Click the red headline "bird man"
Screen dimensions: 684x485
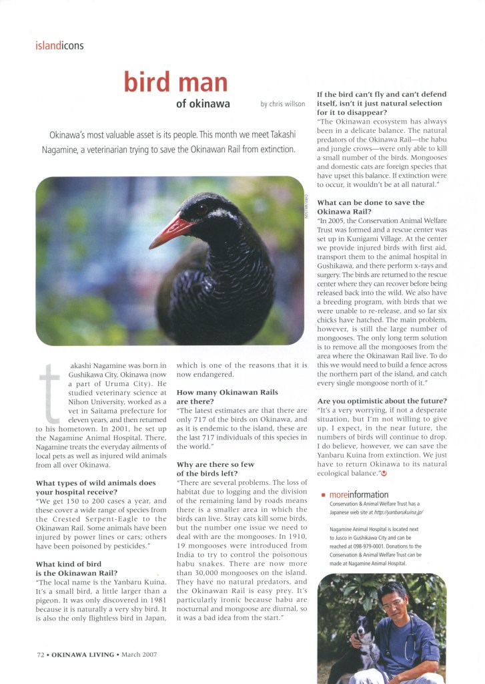(175, 81)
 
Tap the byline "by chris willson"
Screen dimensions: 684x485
(283, 104)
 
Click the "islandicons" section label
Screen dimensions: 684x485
(59, 46)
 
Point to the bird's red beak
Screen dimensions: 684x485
(170, 231)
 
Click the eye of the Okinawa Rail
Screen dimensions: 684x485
(201, 209)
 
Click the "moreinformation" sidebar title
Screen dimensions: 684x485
(359, 495)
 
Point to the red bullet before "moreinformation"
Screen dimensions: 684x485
(323, 496)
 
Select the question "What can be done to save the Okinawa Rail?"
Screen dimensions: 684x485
(370, 206)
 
